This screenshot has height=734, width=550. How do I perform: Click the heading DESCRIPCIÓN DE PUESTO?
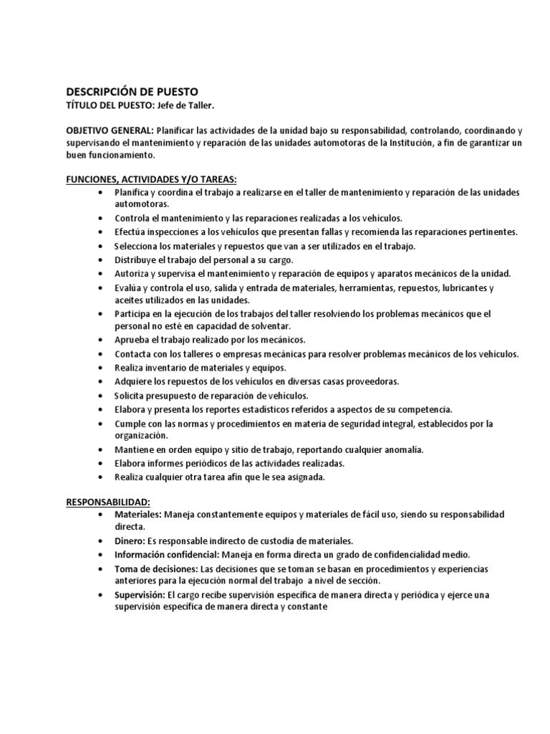(x=132, y=91)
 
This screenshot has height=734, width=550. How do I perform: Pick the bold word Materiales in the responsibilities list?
(x=138, y=515)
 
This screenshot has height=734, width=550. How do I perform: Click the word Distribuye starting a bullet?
(x=136, y=259)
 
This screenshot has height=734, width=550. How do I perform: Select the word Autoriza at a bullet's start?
(x=132, y=273)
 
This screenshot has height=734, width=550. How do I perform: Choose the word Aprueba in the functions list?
(x=132, y=340)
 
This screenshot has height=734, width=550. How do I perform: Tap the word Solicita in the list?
(x=131, y=395)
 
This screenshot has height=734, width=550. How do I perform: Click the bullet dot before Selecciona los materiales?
(x=98, y=246)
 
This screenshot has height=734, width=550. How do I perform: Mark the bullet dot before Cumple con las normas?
(x=98, y=424)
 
